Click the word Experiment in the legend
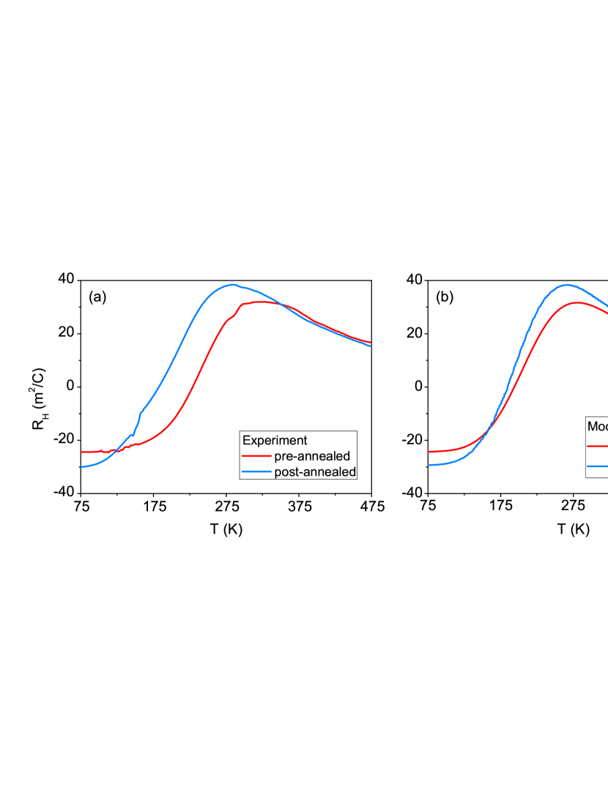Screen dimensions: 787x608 pyautogui.click(x=275, y=441)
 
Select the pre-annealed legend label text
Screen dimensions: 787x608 pyautogui.click(x=312, y=457)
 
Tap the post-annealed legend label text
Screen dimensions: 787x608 pyautogui.click(x=315, y=472)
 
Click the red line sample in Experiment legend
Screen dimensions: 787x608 pyautogui.click(x=256, y=457)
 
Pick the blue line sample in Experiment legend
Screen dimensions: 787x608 pyautogui.click(x=256, y=472)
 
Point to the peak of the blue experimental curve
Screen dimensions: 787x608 pyautogui.click(x=232, y=284)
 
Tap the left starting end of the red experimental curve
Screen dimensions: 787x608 pyautogui.click(x=82, y=452)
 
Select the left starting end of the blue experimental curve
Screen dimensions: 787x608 pyautogui.click(x=82, y=466)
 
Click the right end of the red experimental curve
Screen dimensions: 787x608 pyautogui.click(x=371, y=342)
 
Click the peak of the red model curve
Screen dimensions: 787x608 pyautogui.click(x=577, y=302)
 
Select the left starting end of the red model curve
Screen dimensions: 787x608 pyautogui.click(x=429, y=452)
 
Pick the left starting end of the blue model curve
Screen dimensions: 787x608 pyautogui.click(x=429, y=465)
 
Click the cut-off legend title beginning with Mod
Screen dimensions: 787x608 pyautogui.click(x=597, y=426)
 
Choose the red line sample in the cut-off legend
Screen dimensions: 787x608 pyautogui.click(x=597, y=445)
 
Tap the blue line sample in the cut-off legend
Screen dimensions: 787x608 pyautogui.click(x=597, y=466)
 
